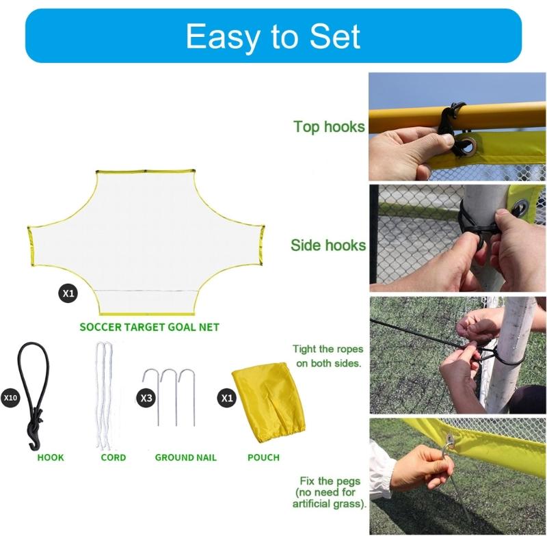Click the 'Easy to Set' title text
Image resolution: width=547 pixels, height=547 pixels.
[273, 36]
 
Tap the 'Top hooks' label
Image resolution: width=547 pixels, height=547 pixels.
[329, 127]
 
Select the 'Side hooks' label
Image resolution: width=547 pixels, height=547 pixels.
[328, 245]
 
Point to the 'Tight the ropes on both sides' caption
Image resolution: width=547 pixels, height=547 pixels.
[328, 356]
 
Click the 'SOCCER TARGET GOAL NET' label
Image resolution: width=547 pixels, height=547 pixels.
[149, 327]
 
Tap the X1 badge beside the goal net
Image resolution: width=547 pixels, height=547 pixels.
[68, 294]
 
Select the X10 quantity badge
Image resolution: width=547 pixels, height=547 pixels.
[10, 397]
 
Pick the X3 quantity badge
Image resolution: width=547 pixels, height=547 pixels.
[146, 397]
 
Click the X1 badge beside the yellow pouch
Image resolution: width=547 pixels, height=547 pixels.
[226, 397]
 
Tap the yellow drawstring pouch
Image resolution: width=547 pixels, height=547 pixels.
[268, 403]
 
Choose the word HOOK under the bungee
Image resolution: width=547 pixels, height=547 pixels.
[51, 457]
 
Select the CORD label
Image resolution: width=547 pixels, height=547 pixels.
[114, 457]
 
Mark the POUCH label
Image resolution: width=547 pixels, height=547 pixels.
[263, 457]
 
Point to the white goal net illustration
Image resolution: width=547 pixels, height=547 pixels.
[147, 232]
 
